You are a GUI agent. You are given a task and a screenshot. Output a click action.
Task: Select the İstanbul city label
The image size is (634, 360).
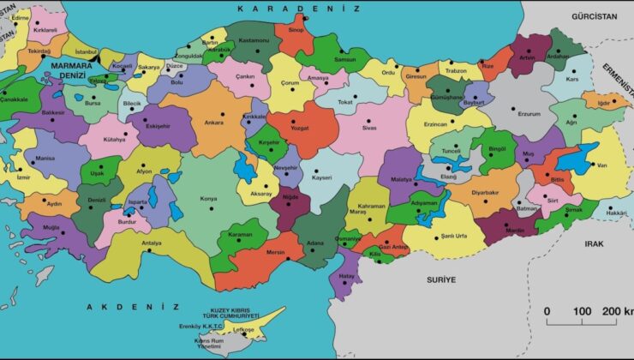[87, 52]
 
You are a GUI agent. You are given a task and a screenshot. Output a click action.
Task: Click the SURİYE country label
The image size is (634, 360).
[442, 280]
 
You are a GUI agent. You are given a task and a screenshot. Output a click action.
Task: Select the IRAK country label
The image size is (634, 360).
[595, 243]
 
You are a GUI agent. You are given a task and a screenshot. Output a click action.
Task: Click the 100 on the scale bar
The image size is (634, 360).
[582, 311]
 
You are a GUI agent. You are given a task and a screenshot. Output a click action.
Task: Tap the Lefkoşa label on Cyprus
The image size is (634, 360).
[245, 328]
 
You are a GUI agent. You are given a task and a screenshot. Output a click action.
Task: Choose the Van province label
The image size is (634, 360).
[601, 165]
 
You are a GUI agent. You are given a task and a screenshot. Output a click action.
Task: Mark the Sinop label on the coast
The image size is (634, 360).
[296, 30]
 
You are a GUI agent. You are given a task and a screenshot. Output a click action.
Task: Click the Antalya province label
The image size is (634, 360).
[152, 243]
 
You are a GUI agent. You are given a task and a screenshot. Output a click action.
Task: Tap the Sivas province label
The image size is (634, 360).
[369, 127]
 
